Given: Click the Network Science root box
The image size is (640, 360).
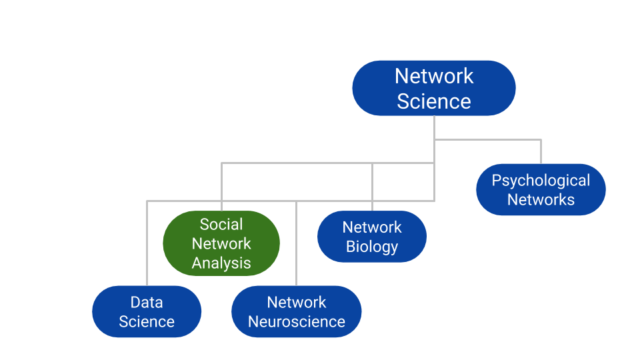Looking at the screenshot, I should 433,88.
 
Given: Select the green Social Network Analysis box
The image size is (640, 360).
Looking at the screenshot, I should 221,243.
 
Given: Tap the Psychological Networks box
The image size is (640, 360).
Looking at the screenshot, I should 541,190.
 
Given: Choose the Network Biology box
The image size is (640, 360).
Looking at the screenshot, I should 372,237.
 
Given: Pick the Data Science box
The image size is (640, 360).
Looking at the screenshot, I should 147,311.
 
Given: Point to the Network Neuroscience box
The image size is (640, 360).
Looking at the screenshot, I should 296,311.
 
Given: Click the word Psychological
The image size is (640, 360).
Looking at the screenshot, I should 541,181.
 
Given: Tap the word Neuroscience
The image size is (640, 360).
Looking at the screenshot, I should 296,321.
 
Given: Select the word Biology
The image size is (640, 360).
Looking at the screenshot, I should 372,247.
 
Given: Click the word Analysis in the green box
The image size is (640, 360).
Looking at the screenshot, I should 221,263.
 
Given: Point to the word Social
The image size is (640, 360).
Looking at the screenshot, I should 221,225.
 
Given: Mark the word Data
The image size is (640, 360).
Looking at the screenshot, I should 147,302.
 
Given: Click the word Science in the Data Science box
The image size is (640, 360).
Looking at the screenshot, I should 147,321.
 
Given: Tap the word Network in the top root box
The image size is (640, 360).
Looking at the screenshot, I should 433,76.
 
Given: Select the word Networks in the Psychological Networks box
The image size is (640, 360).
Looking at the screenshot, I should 541,199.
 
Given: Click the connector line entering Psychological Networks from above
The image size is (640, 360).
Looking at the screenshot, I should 541,152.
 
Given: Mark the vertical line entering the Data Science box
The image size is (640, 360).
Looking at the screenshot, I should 147,243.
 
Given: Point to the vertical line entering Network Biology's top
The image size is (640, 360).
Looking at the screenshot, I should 372,187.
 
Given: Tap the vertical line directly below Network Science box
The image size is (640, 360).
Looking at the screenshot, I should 434,127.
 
